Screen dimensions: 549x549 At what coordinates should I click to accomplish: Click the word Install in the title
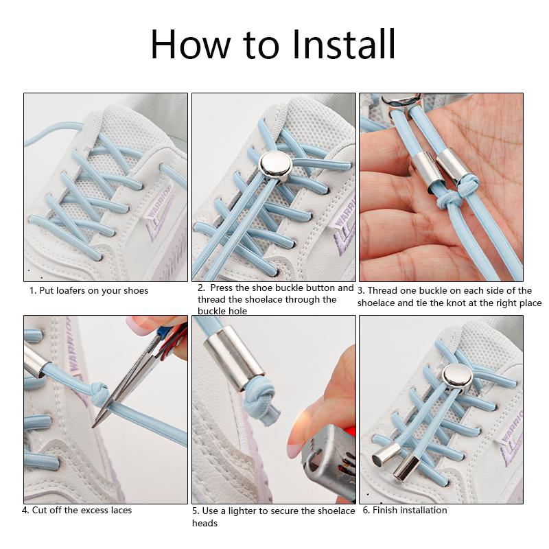pyautogui.click(x=344, y=44)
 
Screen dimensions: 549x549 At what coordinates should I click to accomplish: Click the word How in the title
pyautogui.click(x=180, y=44)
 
